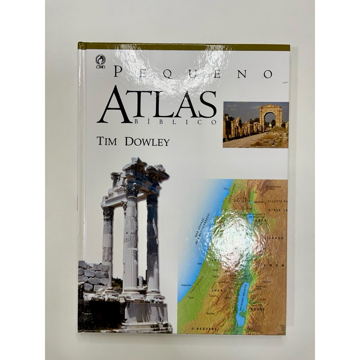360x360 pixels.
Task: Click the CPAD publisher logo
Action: coord(100,61)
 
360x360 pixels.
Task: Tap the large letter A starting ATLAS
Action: coord(111,104)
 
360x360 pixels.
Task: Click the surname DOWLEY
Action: coord(148,142)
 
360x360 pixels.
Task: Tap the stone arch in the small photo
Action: coord(270,115)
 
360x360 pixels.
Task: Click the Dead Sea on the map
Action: coord(241,306)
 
